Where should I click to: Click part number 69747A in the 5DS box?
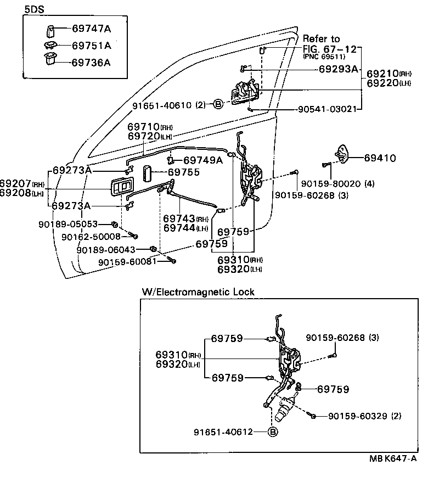91,27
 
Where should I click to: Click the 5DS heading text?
35,9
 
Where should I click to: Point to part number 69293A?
338,69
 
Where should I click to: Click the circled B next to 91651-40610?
218,104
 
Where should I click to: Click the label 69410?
380,158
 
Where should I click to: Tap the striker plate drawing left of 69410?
341,154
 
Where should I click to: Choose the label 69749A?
202,160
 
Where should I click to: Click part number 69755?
184,172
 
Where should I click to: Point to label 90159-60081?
127,261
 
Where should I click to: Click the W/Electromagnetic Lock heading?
198,292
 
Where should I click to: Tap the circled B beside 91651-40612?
273,432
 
